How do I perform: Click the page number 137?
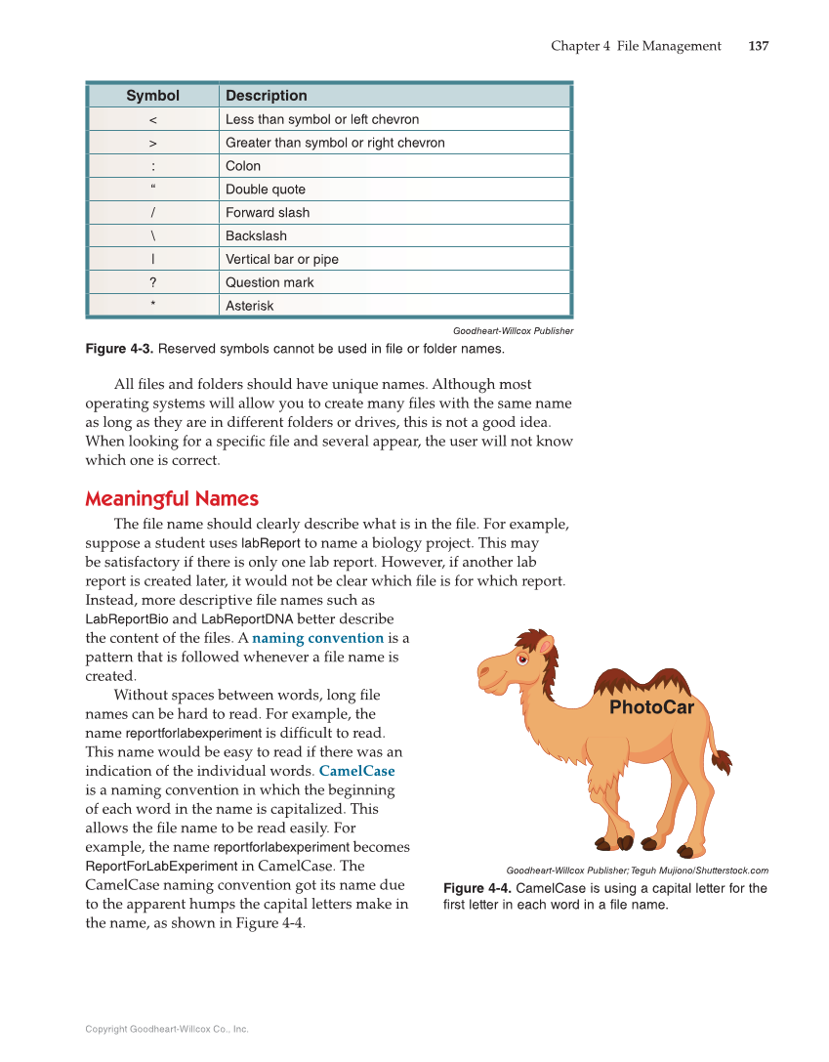758,46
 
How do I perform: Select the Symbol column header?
153,96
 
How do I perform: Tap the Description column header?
266,96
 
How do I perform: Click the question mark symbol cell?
153,282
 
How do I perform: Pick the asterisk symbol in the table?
153,306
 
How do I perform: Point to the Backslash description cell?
256,235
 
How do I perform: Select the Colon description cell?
243,166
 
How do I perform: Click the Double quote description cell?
265,190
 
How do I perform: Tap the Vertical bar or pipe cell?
281,259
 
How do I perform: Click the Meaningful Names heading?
171,499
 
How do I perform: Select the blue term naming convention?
317,638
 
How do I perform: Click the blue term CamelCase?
356,771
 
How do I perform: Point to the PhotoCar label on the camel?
651,707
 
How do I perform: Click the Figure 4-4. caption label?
477,888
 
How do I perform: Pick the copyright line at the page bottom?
166,1029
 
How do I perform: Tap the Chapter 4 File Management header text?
636,46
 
